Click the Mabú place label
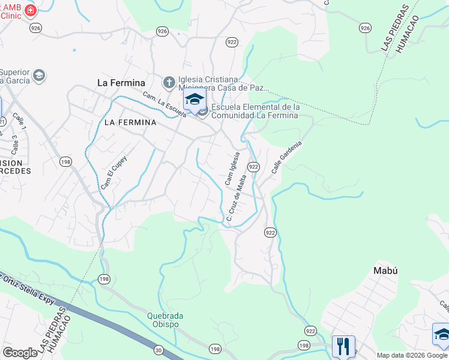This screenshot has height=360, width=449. click(x=385, y=270)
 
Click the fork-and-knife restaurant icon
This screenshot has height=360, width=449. click(x=343, y=346)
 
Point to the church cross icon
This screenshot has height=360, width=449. click(x=169, y=82)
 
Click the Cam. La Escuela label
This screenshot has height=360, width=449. click(x=164, y=103)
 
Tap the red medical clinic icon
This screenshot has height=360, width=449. click(x=31, y=10)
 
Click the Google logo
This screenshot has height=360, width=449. click(x=20, y=353)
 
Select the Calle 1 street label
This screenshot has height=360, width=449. click(x=20, y=122)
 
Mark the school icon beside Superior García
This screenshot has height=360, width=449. click(x=40, y=75)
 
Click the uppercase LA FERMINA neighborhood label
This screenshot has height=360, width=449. click(x=130, y=122)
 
